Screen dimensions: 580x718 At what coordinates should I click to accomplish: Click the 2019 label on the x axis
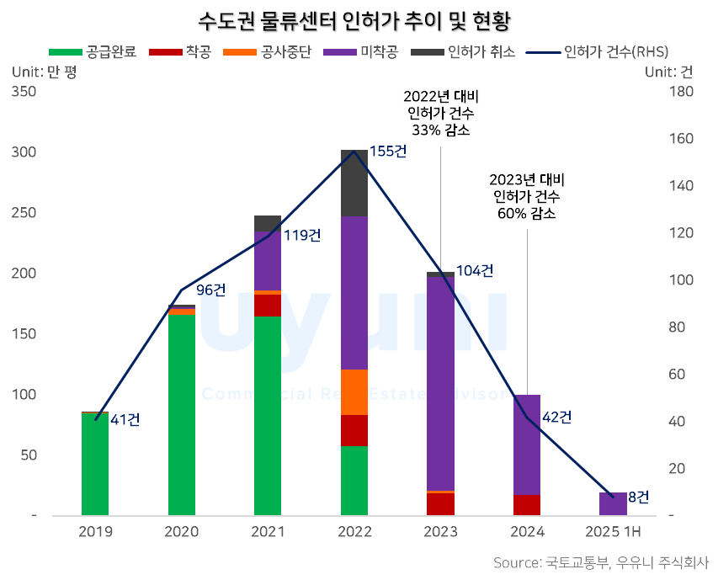pos(95,532)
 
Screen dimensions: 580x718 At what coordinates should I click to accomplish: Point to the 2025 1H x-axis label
pos(613,532)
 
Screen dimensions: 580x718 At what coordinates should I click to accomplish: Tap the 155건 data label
pos(388,152)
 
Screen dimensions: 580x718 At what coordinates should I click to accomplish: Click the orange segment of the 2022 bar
pos(354,392)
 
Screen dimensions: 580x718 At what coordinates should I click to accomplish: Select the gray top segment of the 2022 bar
pos(354,183)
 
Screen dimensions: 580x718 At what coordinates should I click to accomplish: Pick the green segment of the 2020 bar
pos(182,412)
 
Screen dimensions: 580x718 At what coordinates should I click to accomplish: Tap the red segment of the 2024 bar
pos(527,504)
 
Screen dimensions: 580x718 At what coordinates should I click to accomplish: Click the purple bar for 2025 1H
pos(613,503)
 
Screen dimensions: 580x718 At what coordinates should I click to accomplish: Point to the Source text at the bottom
pos(601,562)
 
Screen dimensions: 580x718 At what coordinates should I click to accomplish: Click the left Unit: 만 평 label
pos(44,72)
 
